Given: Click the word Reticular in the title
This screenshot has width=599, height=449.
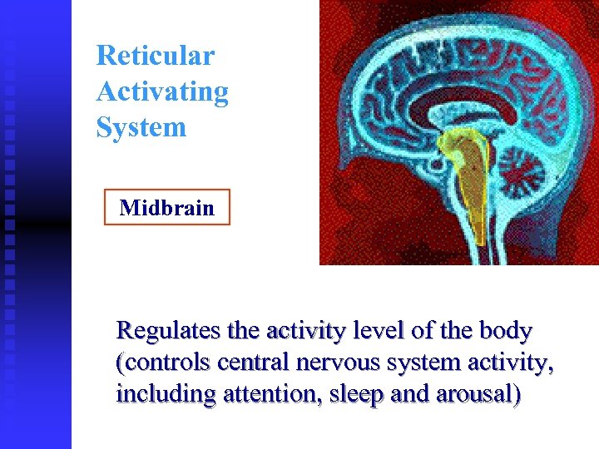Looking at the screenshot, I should click(155, 56).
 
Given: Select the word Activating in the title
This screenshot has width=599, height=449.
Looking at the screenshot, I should click(162, 91).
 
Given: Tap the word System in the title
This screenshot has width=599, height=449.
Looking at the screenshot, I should click(141, 127).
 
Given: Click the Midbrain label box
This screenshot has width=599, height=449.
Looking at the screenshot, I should click(166, 208).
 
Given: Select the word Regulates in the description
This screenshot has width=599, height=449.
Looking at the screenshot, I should click(171, 331).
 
